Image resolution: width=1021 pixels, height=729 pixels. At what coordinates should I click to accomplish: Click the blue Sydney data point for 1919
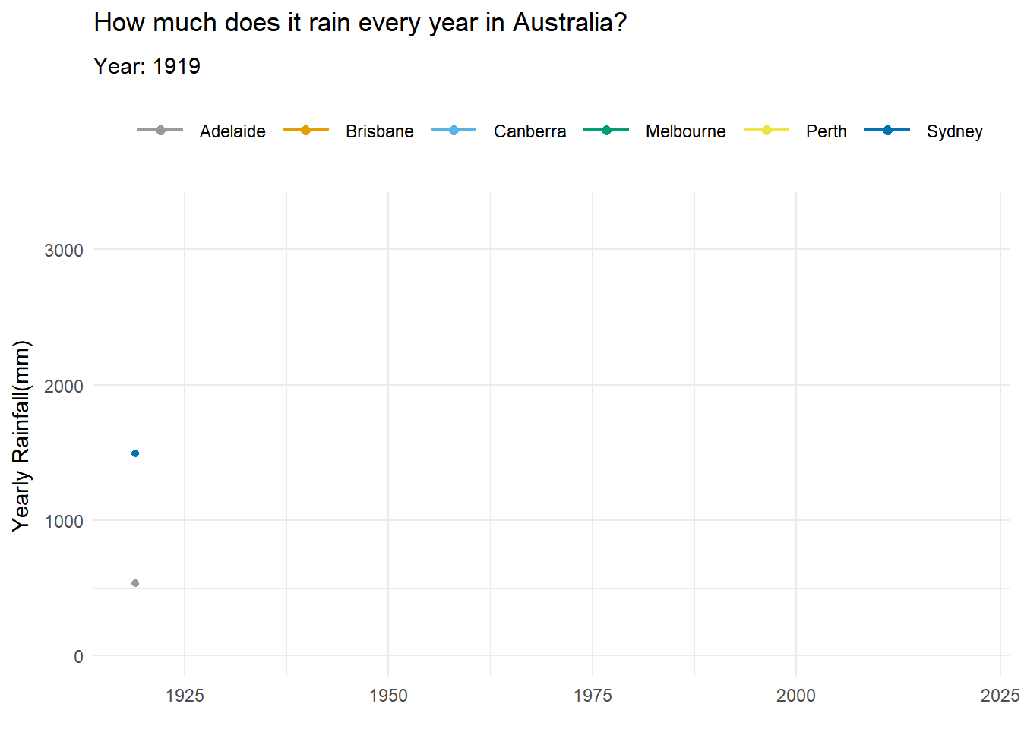tap(135, 453)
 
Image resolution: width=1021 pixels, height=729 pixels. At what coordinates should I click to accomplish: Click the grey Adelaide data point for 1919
tap(135, 583)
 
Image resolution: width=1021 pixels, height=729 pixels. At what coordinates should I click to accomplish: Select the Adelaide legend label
tap(232, 131)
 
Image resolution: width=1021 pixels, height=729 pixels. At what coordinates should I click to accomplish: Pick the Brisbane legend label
tap(379, 131)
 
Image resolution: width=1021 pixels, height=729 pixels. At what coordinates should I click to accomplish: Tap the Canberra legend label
tap(529, 131)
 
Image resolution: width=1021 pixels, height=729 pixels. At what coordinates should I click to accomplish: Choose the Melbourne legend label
tap(685, 131)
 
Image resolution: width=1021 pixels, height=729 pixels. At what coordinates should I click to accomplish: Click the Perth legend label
tap(826, 131)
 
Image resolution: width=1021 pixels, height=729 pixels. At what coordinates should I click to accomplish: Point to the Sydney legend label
tap(954, 131)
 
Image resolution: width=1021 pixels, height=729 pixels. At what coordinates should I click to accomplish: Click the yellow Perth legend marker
tap(767, 131)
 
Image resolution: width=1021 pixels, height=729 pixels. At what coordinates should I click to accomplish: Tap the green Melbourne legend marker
tap(606, 131)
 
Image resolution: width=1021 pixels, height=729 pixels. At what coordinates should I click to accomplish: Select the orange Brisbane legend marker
tap(305, 131)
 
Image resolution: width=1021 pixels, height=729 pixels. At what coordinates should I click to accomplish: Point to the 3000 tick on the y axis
tap(64, 251)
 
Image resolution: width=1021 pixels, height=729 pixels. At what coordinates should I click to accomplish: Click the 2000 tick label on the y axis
tap(64, 386)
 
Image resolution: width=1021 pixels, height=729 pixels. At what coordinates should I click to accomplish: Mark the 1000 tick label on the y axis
tap(64, 521)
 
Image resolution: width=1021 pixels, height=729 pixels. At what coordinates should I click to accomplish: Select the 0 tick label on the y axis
tap(78, 657)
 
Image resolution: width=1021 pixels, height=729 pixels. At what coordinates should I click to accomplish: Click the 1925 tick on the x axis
tap(185, 696)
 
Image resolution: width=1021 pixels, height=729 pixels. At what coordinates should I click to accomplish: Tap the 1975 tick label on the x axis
tap(593, 696)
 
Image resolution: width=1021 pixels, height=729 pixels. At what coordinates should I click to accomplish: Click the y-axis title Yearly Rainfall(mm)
tap(21, 436)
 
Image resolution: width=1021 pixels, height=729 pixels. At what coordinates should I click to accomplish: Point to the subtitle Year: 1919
tap(147, 66)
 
